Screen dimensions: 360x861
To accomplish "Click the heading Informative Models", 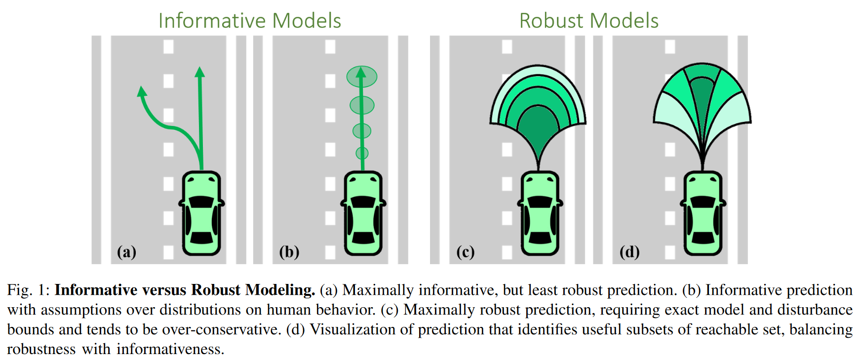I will tap(249, 21).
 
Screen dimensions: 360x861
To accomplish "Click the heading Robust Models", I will tap(588, 21).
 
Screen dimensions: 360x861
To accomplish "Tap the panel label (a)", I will tap(126, 252).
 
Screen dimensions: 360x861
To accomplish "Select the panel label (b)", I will tap(289, 252).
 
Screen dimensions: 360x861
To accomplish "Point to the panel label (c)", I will tap(465, 252).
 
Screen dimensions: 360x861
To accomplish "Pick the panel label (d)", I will tap(629, 252).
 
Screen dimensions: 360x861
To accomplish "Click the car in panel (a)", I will tap(201, 213).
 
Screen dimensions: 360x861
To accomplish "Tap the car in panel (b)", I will tap(363, 213).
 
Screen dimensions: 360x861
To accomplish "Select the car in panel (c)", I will tap(540, 213).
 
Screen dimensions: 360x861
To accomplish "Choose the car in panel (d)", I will tap(703, 213).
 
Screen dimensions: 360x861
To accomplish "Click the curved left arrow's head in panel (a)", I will tap(142, 91).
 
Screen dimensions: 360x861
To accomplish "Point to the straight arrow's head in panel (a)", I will tap(199, 72).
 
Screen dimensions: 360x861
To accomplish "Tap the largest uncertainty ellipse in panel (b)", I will tap(362, 77).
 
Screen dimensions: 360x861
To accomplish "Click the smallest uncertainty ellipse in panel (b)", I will tap(362, 153).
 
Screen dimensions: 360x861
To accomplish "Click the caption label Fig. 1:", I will tap(28, 290).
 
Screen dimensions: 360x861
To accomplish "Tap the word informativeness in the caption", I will tap(170, 349).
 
